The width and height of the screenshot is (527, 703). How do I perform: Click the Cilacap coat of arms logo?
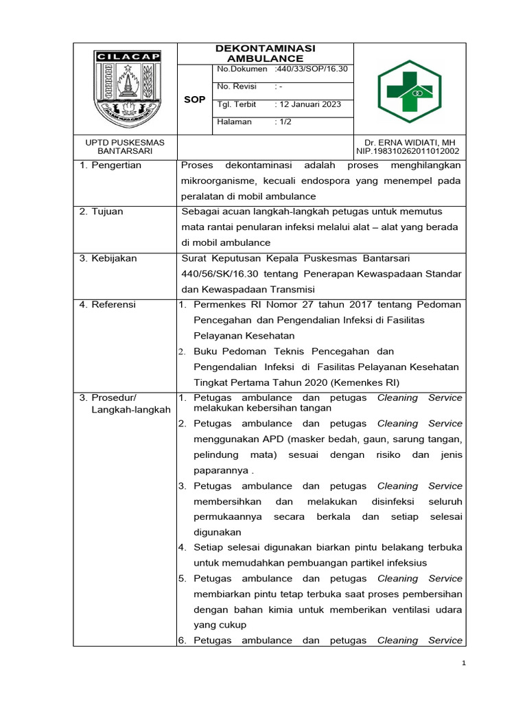click(124, 87)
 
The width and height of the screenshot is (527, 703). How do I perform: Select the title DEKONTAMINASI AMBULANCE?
click(265, 53)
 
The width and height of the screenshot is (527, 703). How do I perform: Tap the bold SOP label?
click(195, 100)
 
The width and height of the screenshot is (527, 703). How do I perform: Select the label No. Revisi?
click(236, 87)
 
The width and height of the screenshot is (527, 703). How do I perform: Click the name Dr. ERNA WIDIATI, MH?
click(408, 142)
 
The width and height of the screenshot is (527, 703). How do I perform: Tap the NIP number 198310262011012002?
click(408, 151)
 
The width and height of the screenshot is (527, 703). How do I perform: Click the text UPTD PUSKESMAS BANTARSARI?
click(124, 146)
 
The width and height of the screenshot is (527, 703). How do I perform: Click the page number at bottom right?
click(463, 663)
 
